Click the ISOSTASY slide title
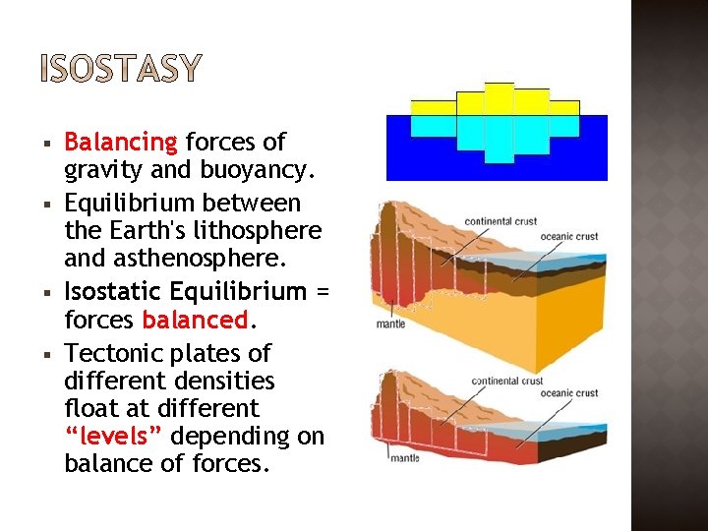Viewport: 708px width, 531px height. [121, 68]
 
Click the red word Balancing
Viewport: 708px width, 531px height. [120, 144]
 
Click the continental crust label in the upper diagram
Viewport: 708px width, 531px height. [501, 221]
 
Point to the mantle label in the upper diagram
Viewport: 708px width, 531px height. [390, 324]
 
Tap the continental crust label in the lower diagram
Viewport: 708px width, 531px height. [508, 381]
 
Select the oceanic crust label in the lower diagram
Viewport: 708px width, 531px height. [568, 393]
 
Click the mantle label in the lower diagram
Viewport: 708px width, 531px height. [404, 457]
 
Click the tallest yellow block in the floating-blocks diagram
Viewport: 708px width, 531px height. [499, 99]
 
